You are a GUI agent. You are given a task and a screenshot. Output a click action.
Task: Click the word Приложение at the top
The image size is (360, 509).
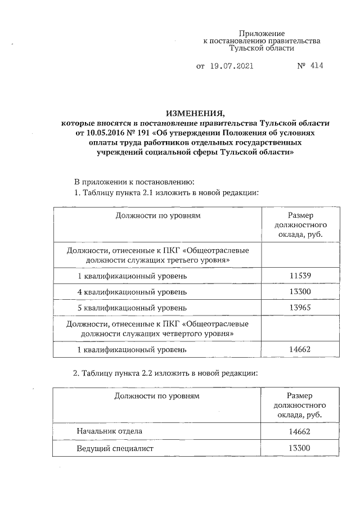click(x=262, y=34)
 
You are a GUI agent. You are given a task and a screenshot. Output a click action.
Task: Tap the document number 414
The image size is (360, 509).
click(x=316, y=66)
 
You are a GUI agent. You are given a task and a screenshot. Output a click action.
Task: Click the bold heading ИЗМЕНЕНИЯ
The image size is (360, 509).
click(x=196, y=113)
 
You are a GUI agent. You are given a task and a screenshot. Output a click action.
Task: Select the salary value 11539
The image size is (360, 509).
click(x=300, y=276)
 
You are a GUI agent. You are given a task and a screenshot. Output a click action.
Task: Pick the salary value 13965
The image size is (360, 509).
click(x=300, y=308)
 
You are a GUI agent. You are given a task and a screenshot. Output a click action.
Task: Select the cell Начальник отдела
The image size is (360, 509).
click(x=110, y=431)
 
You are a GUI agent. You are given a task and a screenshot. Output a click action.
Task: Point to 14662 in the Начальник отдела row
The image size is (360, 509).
click(x=300, y=431)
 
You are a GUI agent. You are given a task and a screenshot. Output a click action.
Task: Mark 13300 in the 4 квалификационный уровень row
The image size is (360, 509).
click(x=300, y=292)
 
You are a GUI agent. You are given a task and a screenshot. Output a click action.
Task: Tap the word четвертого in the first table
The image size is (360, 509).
click(x=188, y=334)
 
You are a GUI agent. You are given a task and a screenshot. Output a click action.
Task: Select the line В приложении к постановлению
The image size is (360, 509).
click(x=134, y=182)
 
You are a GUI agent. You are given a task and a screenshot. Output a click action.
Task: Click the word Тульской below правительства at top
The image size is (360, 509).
click(x=248, y=48)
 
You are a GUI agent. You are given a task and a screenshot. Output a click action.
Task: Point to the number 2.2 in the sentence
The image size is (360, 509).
click(x=151, y=373)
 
